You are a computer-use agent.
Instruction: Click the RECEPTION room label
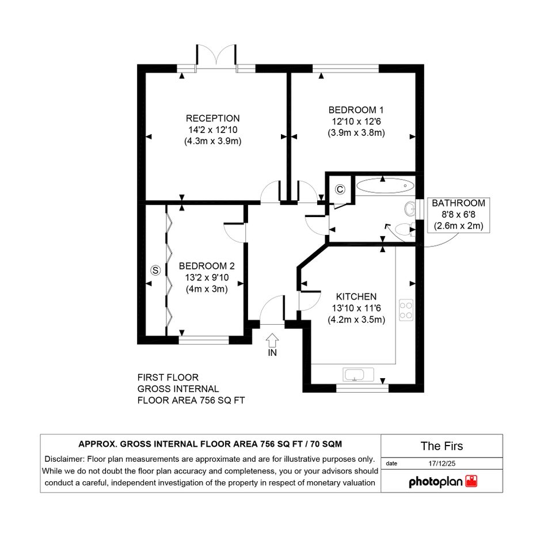click(x=212, y=119)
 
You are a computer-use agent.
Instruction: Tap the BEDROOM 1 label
click(x=356, y=110)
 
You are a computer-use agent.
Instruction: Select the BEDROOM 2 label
click(x=207, y=266)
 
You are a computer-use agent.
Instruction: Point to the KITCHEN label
click(x=356, y=296)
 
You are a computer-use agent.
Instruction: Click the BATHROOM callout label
click(x=458, y=203)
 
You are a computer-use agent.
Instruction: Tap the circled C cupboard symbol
click(x=340, y=189)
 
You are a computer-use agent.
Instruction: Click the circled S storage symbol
click(x=155, y=270)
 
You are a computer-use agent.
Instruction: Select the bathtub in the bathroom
click(x=385, y=185)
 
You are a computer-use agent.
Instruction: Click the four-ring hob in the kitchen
click(x=406, y=310)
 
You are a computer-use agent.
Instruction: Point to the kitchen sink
click(x=353, y=375)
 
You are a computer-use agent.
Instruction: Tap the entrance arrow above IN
click(x=272, y=340)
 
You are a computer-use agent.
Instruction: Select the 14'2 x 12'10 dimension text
click(x=212, y=130)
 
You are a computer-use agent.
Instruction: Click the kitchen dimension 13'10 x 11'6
click(x=356, y=308)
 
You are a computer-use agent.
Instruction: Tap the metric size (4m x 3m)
click(x=207, y=289)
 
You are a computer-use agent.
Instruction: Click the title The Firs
click(x=442, y=446)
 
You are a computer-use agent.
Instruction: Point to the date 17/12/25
click(x=442, y=463)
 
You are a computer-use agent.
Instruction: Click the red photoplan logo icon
click(x=471, y=482)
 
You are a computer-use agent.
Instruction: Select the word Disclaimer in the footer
click(x=64, y=459)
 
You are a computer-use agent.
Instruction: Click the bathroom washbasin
click(x=410, y=209)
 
